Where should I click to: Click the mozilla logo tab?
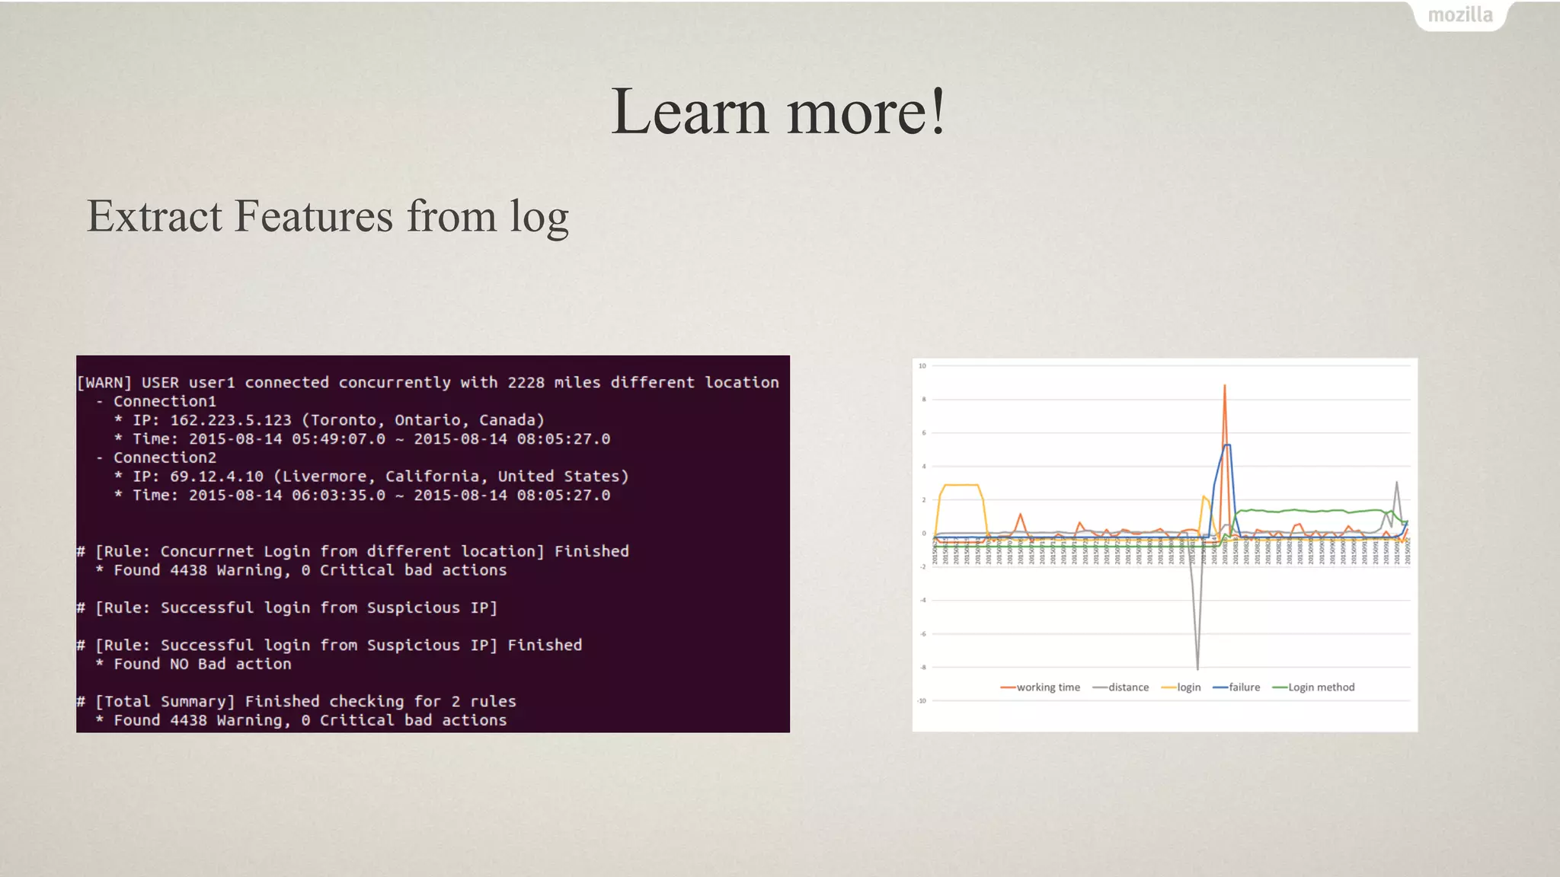click(x=1459, y=15)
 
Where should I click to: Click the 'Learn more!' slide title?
click(x=778, y=112)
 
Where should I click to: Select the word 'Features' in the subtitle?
click(x=315, y=216)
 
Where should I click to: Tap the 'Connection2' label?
click(x=165, y=458)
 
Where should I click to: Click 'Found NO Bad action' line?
click(x=202, y=664)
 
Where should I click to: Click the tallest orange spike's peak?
click(x=1224, y=386)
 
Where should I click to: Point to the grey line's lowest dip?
click(x=1197, y=668)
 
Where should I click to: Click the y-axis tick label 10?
click(x=922, y=366)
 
